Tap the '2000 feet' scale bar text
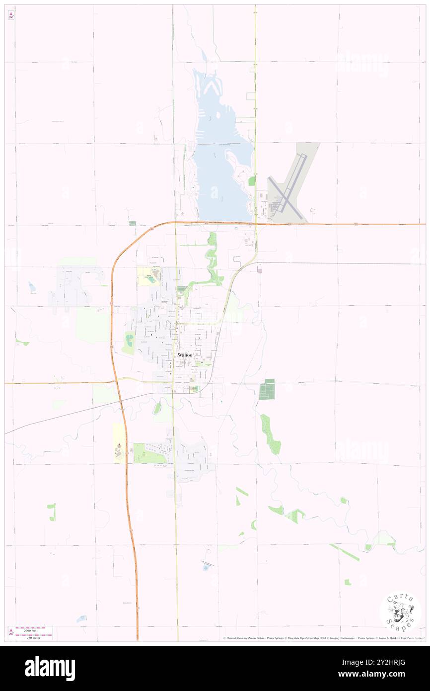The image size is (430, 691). tap(33, 628)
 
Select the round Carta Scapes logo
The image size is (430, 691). tap(400, 611)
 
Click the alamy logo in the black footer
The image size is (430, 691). tap(50, 669)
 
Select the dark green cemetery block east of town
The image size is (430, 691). tap(267, 389)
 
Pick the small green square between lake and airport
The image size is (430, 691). tap(251, 181)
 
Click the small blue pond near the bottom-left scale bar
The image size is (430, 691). tap(81, 618)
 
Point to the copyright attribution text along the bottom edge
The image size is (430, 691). tap(323, 638)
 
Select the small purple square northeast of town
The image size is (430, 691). tap(259, 270)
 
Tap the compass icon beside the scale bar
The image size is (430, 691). tap(11, 632)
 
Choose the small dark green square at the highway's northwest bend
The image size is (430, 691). tap(132, 224)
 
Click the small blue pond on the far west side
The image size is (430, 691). tap(32, 287)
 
